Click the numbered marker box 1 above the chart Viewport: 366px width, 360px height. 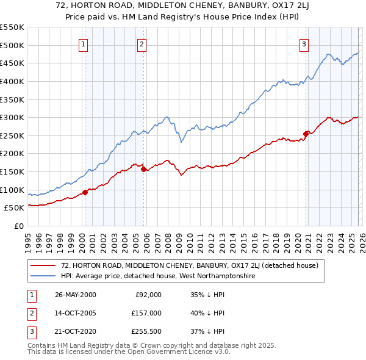tap(83, 43)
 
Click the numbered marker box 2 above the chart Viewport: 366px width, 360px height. tap(142, 43)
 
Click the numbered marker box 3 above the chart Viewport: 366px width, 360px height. tap(304, 43)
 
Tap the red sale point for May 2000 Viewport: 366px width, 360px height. tap(85, 192)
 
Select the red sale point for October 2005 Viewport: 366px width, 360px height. tap(143, 169)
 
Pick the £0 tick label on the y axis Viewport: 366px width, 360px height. tap(18, 226)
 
